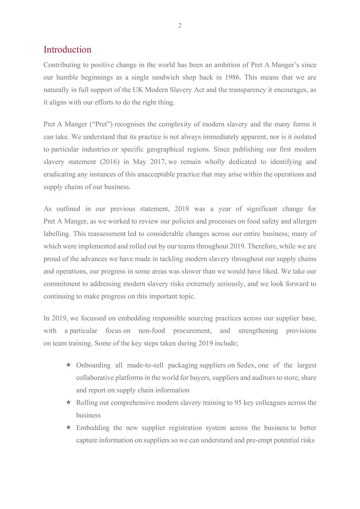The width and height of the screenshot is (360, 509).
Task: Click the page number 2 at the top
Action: tap(180, 26)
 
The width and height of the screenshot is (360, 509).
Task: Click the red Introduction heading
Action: tap(67, 50)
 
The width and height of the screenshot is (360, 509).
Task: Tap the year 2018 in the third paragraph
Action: tap(182, 209)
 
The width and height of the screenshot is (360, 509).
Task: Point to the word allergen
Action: tap(304, 221)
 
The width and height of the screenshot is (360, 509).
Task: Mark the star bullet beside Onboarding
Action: tap(68, 365)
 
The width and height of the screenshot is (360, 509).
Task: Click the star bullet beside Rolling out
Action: tap(68, 402)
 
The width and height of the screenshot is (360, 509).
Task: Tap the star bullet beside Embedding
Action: tap(68, 428)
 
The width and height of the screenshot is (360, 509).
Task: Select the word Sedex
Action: tap(246, 365)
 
